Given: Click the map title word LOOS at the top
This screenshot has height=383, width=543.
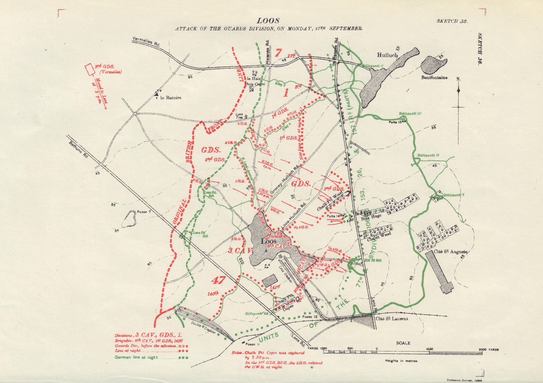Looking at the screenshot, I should (x=268, y=21).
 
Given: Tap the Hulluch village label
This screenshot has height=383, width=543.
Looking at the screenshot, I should (x=387, y=55).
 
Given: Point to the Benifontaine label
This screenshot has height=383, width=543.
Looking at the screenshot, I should (x=434, y=77).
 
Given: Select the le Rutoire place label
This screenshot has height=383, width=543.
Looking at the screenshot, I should (x=170, y=98).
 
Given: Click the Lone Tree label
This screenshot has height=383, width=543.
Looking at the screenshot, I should (x=239, y=116).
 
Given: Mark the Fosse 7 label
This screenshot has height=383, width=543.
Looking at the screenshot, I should (x=144, y=212).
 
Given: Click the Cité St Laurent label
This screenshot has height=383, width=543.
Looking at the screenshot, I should (x=392, y=319).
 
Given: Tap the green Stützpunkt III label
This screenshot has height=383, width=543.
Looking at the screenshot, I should (x=410, y=113).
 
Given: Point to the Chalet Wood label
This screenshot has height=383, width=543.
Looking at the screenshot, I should (x=379, y=237).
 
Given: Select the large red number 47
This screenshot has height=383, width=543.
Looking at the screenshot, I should (x=218, y=280).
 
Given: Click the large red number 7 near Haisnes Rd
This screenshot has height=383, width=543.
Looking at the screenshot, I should (x=279, y=52).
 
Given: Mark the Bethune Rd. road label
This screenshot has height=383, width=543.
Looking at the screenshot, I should (x=79, y=150).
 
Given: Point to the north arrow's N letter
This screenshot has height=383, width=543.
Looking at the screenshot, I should (x=458, y=79).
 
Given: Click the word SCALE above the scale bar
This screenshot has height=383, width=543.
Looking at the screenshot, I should (x=403, y=343).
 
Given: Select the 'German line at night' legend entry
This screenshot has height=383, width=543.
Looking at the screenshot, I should (x=136, y=358).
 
